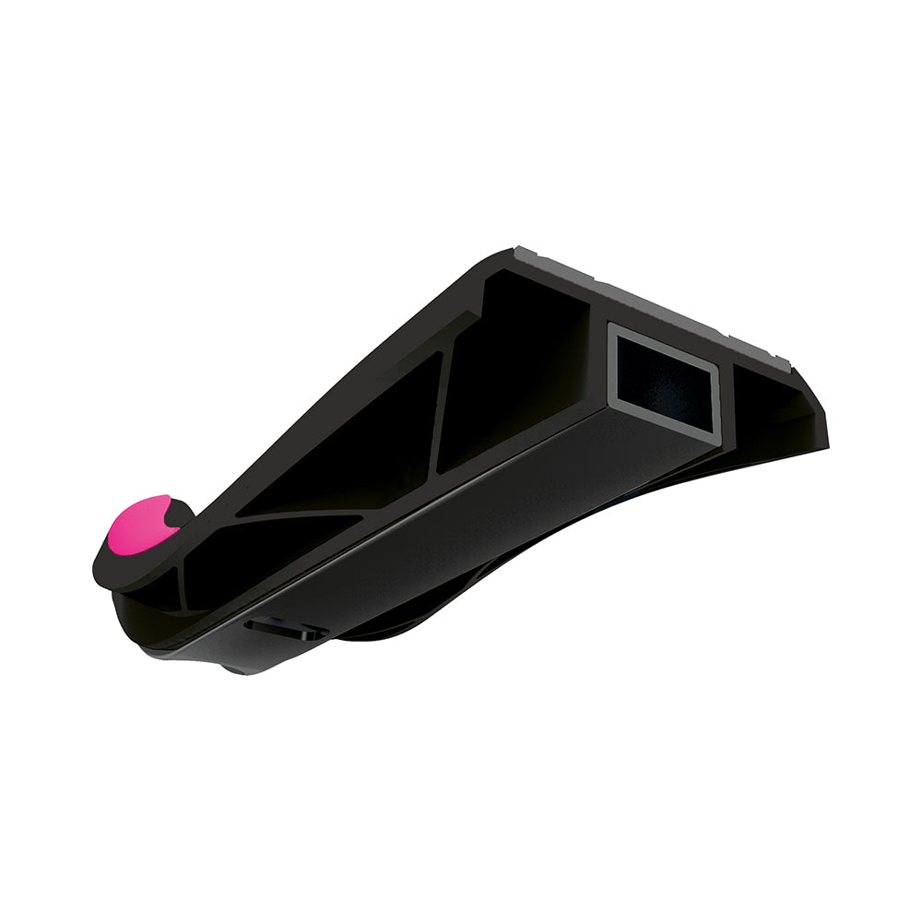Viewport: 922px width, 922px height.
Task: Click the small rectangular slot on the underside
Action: pos(282,628)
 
